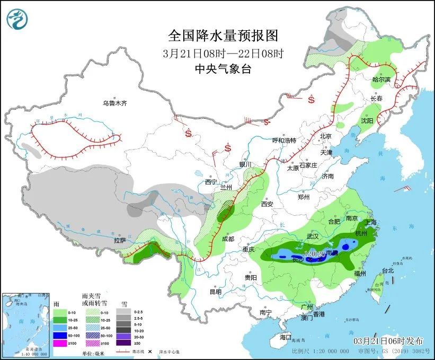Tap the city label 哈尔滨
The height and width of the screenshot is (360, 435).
[381, 80]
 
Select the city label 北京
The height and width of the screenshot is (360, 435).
[325, 136]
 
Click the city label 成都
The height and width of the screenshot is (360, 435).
[228, 239]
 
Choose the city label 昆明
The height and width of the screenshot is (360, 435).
[215, 292]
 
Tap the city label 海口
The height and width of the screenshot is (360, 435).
[286, 337]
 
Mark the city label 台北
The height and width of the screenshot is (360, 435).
[388, 270]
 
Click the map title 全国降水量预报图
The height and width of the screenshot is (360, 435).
[223, 36]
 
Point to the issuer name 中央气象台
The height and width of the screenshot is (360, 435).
[223, 68]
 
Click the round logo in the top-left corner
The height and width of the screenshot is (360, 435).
[17, 19]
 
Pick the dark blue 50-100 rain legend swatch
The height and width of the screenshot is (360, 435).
[59, 335]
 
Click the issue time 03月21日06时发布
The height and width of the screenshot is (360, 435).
[389, 340]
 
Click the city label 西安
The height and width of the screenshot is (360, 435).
[267, 204]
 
